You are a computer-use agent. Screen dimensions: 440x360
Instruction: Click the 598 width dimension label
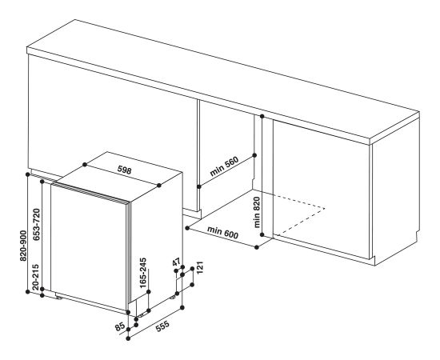[124, 170]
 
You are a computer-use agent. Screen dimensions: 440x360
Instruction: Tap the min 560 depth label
[224, 166]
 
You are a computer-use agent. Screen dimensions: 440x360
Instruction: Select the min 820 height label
[257, 212]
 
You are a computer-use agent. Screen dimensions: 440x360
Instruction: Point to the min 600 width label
[223, 233]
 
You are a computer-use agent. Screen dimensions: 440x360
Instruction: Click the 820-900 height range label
[23, 246]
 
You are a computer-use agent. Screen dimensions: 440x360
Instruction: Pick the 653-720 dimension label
[37, 225]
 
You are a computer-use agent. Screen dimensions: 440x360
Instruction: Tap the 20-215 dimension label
[36, 277]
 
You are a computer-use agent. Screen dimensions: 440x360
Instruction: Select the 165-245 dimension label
[143, 273]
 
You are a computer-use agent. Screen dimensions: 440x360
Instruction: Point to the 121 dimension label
[199, 268]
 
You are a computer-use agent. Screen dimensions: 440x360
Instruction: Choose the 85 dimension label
[119, 327]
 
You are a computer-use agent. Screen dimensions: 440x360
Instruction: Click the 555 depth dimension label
[162, 326]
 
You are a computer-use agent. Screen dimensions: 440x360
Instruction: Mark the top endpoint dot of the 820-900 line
[27, 174]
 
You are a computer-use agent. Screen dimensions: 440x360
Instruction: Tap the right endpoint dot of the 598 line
[159, 185]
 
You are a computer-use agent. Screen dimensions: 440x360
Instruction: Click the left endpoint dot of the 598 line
[85, 165]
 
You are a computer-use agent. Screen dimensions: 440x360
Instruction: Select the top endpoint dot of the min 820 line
[262, 116]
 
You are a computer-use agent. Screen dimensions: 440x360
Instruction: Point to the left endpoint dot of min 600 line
[187, 228]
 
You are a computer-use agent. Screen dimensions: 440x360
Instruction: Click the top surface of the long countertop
[225, 78]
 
